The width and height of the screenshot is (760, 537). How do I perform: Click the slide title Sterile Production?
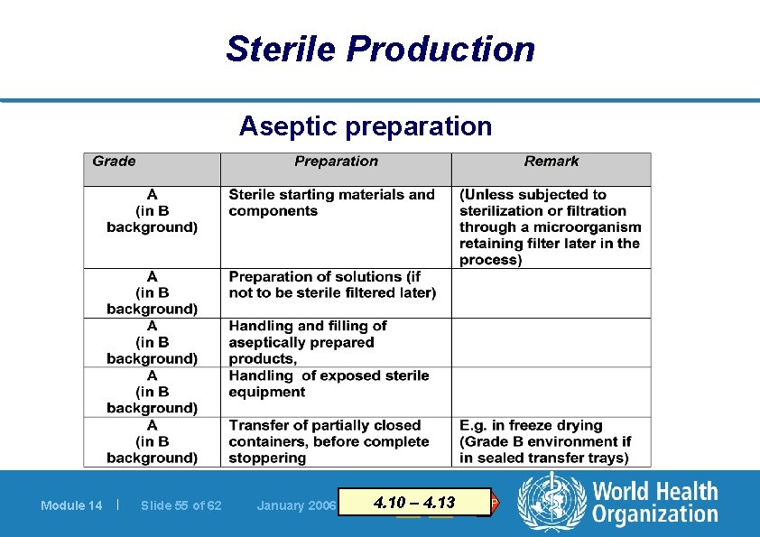tap(380, 49)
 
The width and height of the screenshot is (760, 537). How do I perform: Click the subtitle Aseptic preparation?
tap(366, 126)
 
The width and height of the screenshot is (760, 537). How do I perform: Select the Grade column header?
tap(115, 162)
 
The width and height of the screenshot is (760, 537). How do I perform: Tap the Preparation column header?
tap(336, 162)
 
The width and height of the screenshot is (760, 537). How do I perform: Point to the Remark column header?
tap(551, 162)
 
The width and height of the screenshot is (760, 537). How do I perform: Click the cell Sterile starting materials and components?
tap(331, 203)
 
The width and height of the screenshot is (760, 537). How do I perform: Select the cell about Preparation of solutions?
tap(331, 284)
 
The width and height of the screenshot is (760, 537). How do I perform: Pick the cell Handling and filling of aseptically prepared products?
tap(307, 342)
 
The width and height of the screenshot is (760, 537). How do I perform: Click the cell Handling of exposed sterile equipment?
tap(329, 384)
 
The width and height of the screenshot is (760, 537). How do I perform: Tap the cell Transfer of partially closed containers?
tap(329, 441)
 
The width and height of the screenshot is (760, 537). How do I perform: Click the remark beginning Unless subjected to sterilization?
tap(550, 227)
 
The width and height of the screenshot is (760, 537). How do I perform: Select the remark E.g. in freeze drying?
tap(545, 441)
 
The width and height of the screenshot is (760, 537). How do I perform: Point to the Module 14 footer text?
tap(71, 505)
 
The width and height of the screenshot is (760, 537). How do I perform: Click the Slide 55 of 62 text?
tap(181, 505)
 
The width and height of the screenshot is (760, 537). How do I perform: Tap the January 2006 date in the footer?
tap(295, 505)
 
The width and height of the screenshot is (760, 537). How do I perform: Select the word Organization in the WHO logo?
tap(654, 515)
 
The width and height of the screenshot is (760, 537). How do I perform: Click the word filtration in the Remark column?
tap(591, 211)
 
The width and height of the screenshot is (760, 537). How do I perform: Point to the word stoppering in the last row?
tap(267, 458)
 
